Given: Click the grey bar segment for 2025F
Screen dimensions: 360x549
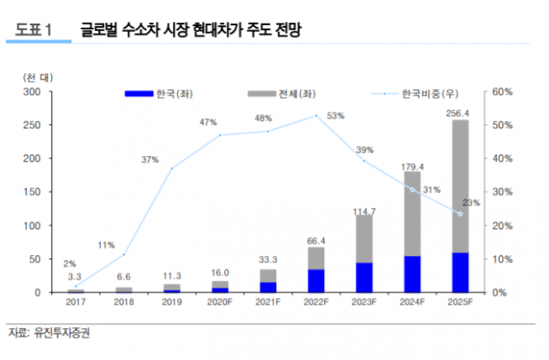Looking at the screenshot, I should click(461, 185).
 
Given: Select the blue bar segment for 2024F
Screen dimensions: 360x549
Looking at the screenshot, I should click(412, 274).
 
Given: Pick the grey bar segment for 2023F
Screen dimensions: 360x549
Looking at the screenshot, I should click(364, 238).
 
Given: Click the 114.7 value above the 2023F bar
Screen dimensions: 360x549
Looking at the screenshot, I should click(364, 210).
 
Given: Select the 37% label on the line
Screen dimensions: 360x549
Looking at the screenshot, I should click(150, 159).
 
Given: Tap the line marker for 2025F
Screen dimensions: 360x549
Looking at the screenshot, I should click(460, 214).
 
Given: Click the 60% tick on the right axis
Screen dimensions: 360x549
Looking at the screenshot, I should click(501, 91).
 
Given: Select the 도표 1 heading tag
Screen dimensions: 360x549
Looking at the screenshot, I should click(32, 30).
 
